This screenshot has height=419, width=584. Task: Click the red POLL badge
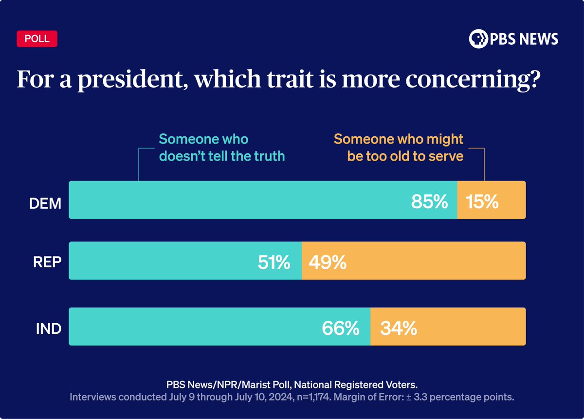point(37,39)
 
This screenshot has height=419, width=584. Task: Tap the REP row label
point(48,263)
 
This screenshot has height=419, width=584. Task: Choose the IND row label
point(49,328)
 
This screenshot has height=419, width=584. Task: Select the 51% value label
point(274,263)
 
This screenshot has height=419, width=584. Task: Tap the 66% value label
point(341,328)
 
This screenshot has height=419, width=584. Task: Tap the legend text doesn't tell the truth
point(222,156)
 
